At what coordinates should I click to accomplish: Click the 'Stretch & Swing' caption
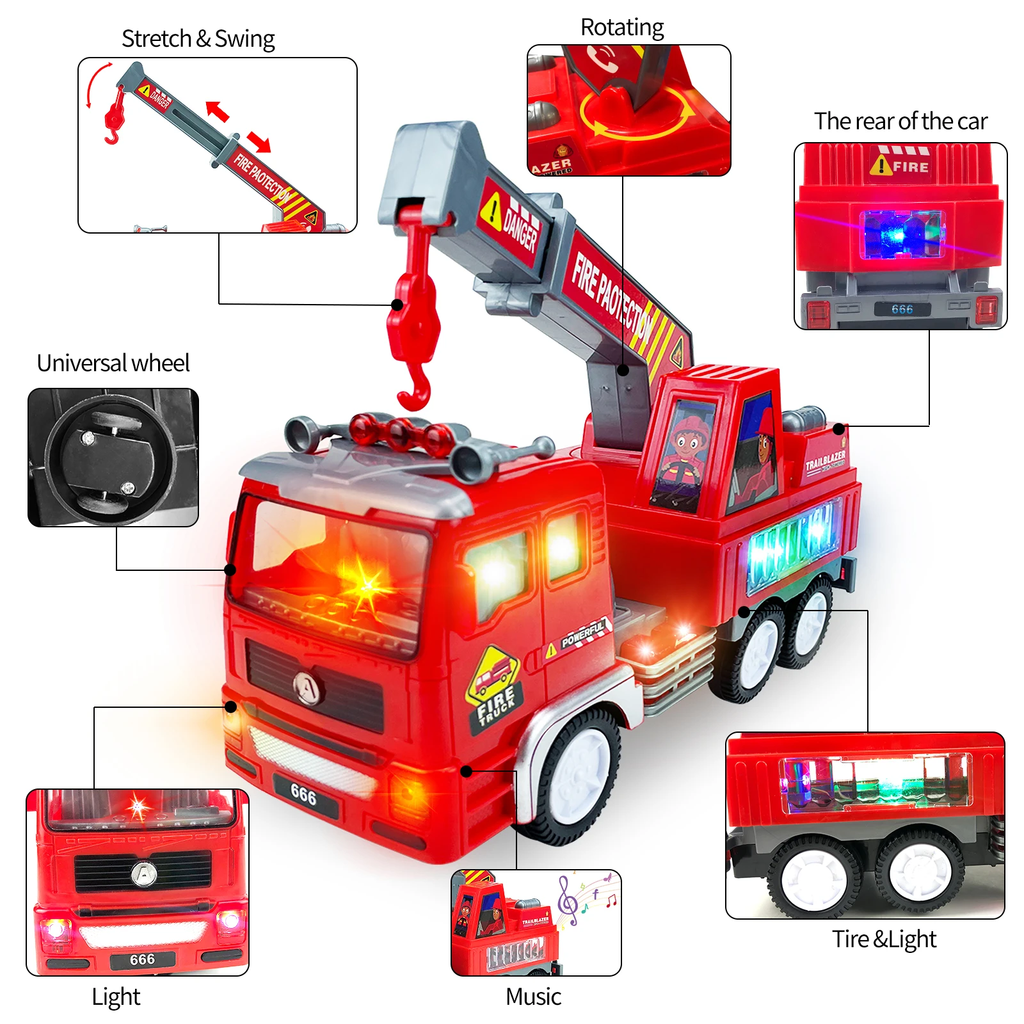[198, 39]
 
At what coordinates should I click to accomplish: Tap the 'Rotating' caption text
[621, 28]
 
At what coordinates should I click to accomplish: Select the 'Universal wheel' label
[113, 363]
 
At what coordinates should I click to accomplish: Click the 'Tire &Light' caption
[884, 939]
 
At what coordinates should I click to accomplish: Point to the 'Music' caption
[533, 996]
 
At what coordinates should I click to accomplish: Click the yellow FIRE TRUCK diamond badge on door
[494, 688]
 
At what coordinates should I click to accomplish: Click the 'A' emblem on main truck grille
[308, 687]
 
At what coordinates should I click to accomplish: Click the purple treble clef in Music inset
[567, 900]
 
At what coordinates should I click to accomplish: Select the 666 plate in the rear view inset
[902, 309]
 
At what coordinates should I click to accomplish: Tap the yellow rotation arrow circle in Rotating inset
[637, 115]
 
